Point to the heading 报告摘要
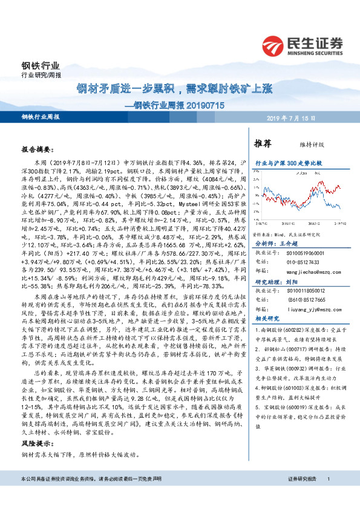pos(38,148)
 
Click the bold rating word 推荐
pos(263,143)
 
